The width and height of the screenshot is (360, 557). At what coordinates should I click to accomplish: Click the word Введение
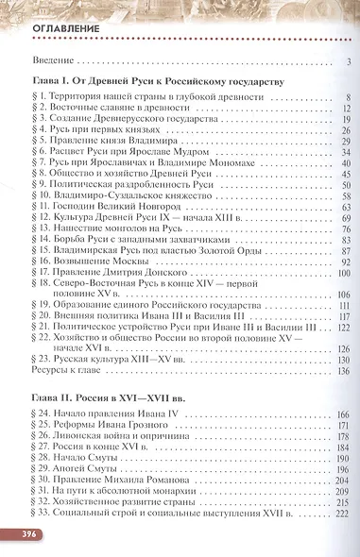(x=56, y=63)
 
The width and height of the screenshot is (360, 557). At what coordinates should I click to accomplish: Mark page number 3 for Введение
(x=348, y=63)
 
